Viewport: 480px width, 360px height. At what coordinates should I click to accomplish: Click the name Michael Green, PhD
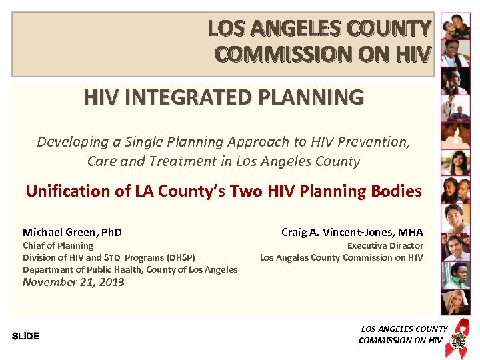click(x=72, y=232)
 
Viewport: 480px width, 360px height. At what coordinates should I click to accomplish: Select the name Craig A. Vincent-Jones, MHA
click(x=352, y=232)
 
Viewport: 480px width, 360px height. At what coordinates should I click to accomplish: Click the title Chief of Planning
click(x=58, y=245)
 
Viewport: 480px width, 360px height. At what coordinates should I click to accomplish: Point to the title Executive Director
click(x=385, y=245)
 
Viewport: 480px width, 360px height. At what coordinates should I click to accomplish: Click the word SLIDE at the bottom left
click(x=25, y=336)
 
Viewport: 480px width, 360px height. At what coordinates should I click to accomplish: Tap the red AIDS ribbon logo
click(x=458, y=333)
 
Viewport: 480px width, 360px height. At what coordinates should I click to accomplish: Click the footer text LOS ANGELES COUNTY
click(x=404, y=329)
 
